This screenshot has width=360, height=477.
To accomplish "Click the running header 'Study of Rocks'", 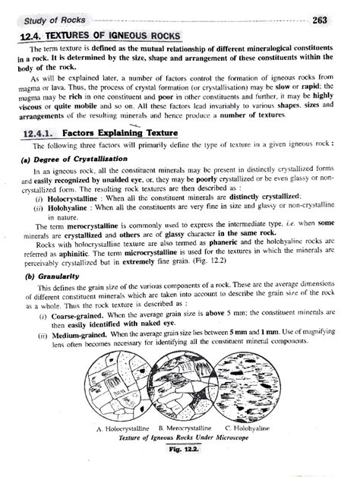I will (50, 20).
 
